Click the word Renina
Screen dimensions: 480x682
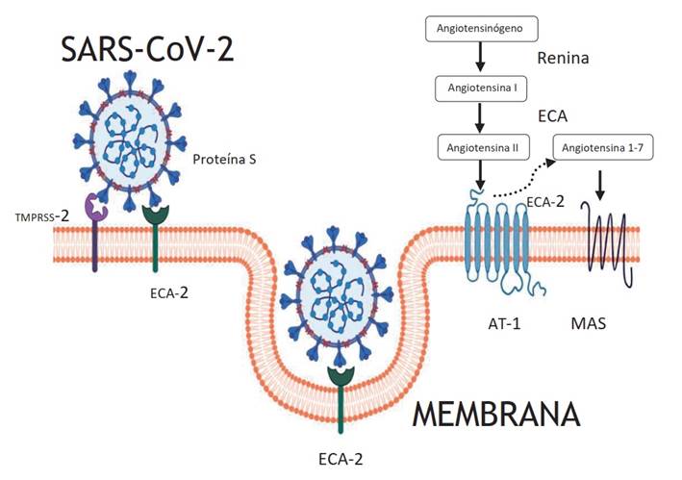tap(563, 58)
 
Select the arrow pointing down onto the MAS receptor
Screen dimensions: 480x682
tap(600, 186)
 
